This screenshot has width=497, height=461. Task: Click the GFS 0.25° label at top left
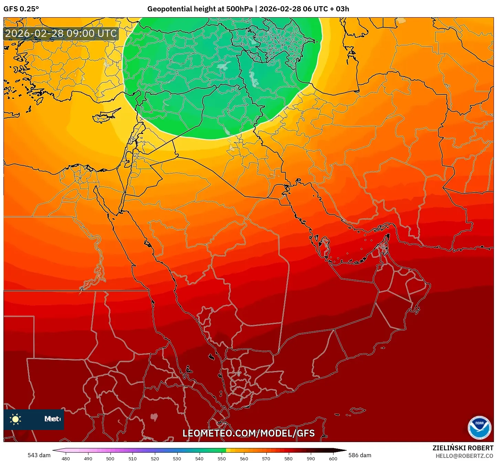click(x=21, y=9)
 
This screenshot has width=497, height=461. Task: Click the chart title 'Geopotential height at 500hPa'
click(x=200, y=9)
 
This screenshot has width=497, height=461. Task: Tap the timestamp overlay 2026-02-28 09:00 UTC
click(x=61, y=34)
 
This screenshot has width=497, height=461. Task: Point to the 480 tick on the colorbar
click(x=65, y=458)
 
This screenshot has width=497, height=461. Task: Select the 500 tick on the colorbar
click(x=110, y=458)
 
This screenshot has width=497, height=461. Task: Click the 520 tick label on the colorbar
click(x=155, y=458)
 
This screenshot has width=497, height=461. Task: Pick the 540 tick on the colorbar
click(x=199, y=458)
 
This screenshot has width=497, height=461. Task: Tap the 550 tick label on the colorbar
click(x=222, y=458)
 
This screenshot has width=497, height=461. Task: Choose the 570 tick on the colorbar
click(x=266, y=458)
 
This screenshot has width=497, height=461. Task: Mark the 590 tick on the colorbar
click(x=311, y=458)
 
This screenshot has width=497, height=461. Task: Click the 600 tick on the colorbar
click(x=333, y=458)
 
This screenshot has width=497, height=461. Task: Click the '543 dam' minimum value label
click(x=39, y=455)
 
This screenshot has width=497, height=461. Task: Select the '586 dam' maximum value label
click(x=360, y=455)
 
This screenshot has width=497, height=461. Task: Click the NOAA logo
click(x=479, y=428)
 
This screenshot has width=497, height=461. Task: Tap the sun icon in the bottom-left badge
click(x=15, y=419)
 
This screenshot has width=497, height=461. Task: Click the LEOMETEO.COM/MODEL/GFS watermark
click(x=248, y=433)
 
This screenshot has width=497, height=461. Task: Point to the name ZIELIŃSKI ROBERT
click(x=463, y=448)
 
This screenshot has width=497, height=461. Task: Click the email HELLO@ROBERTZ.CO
click(x=464, y=456)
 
